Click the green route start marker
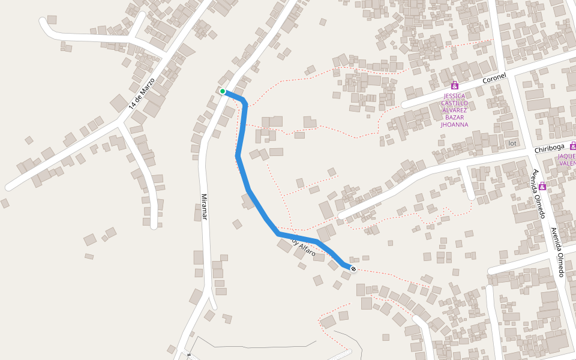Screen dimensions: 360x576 coord(222,91)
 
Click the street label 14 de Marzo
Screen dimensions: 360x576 coord(142,93)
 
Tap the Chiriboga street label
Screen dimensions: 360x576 coord(549,148)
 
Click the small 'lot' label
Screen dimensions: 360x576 coord(512,143)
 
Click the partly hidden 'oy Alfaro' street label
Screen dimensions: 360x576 coord(304,249)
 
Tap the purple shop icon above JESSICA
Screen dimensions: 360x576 coord(454,86)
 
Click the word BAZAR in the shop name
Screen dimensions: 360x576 coord(454,117)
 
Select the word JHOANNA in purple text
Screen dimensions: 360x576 coord(454,125)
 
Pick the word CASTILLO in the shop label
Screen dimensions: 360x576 coord(454,103)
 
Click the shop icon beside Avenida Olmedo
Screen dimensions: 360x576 coord(542,187)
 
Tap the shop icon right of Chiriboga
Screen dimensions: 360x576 coord(573,145)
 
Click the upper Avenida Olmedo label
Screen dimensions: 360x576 coord(538,193)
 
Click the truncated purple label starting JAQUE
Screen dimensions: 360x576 coord(567,155)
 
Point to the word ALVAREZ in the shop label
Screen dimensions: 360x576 coord(454,110)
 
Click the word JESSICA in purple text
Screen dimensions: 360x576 coord(454,95)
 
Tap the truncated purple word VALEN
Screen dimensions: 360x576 coord(567,163)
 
